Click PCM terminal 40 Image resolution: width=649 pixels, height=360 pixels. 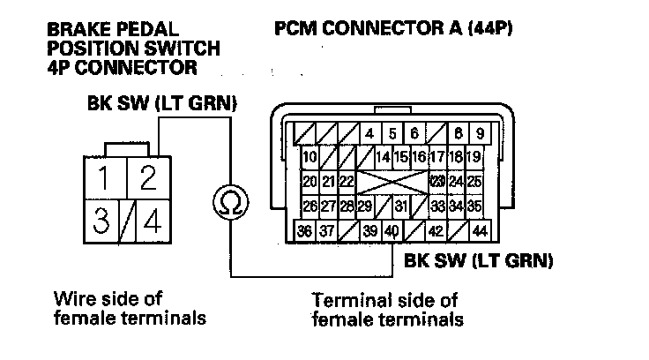391,231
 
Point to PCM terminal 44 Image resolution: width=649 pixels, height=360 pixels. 480,231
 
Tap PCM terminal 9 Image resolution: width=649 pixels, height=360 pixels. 480,135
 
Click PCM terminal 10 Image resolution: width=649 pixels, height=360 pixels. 309,158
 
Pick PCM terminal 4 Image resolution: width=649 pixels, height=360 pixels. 369,135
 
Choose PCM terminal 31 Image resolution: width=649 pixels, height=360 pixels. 401,206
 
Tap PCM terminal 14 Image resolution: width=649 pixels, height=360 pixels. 382,158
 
